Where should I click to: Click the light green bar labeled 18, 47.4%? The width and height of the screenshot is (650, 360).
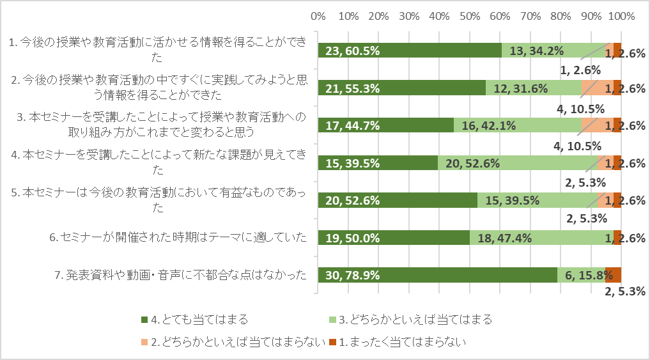tap(541, 238)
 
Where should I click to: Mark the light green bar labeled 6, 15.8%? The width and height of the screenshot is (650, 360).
tap(581, 276)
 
